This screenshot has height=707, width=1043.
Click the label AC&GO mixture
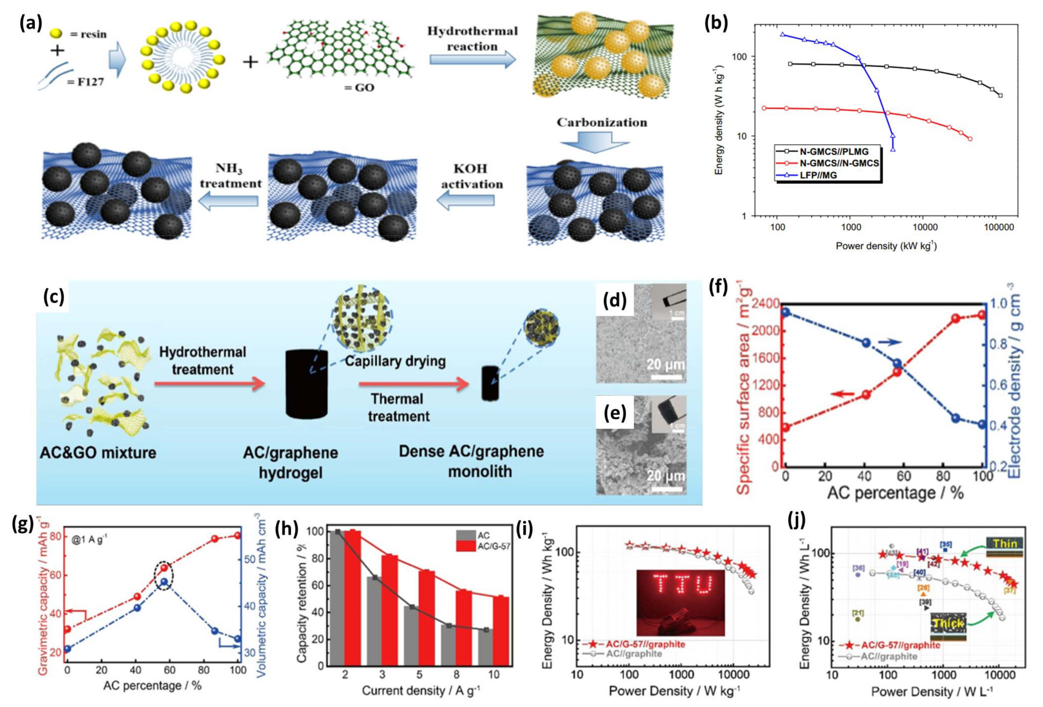point(97,453)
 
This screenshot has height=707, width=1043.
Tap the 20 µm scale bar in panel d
point(665,376)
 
